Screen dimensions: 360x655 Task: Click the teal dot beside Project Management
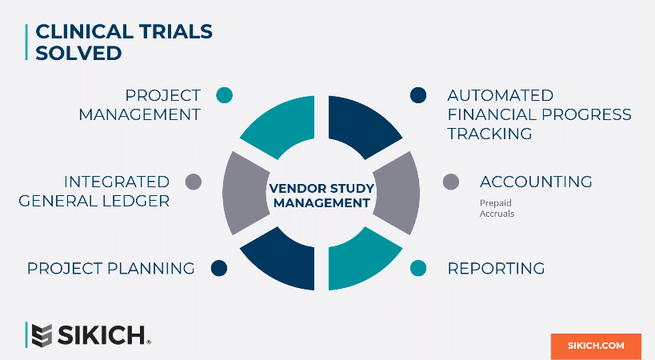coord(225,95)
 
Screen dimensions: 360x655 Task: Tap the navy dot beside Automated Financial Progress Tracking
coord(417,95)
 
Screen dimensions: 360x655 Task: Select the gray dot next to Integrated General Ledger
coord(193,182)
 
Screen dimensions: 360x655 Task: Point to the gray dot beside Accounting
coord(451,182)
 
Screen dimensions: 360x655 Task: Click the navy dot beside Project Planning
coord(219,268)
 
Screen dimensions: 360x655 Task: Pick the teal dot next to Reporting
coord(417,268)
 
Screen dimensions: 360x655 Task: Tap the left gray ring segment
coord(241,192)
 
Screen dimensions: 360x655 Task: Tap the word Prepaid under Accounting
coord(496,203)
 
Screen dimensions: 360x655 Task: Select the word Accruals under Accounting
coord(497,214)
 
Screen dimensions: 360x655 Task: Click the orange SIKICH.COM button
coord(596,346)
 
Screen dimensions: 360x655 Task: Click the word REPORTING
coord(496,269)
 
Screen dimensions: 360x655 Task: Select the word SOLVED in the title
coord(79,53)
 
